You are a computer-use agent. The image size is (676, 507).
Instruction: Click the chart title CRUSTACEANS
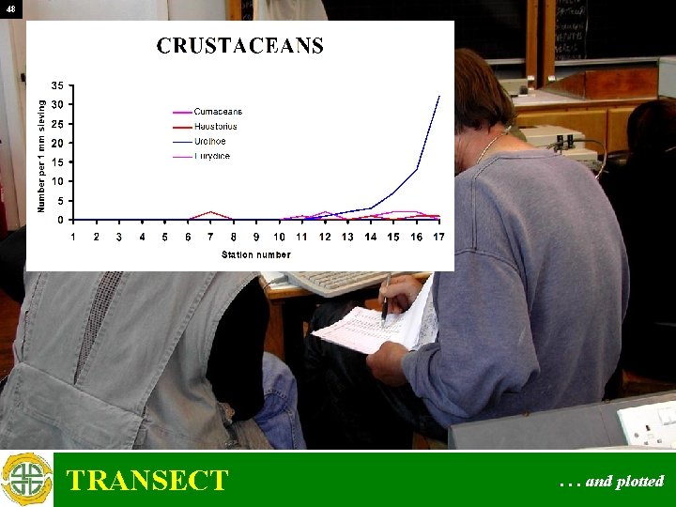tap(239, 46)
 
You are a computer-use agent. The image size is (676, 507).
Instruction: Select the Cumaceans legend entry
tap(218, 112)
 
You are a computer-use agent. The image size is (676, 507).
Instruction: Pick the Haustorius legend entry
tap(215, 126)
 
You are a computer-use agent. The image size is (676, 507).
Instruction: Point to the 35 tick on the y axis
tap(57, 85)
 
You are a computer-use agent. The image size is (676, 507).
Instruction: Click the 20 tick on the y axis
tap(57, 143)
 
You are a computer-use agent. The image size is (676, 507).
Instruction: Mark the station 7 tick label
tap(211, 237)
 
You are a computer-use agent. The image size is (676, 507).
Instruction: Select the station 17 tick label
tap(438, 237)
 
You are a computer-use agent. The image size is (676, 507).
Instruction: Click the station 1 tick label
tap(74, 237)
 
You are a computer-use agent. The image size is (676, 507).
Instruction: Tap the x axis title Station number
tap(256, 254)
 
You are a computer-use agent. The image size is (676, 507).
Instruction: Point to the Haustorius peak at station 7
tap(211, 212)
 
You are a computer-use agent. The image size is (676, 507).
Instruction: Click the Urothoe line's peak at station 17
tap(439, 96)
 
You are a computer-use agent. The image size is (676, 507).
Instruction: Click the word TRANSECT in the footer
tap(147, 481)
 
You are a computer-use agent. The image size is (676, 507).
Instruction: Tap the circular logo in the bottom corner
tap(26, 480)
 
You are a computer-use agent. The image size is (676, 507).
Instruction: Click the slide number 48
tap(10, 9)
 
